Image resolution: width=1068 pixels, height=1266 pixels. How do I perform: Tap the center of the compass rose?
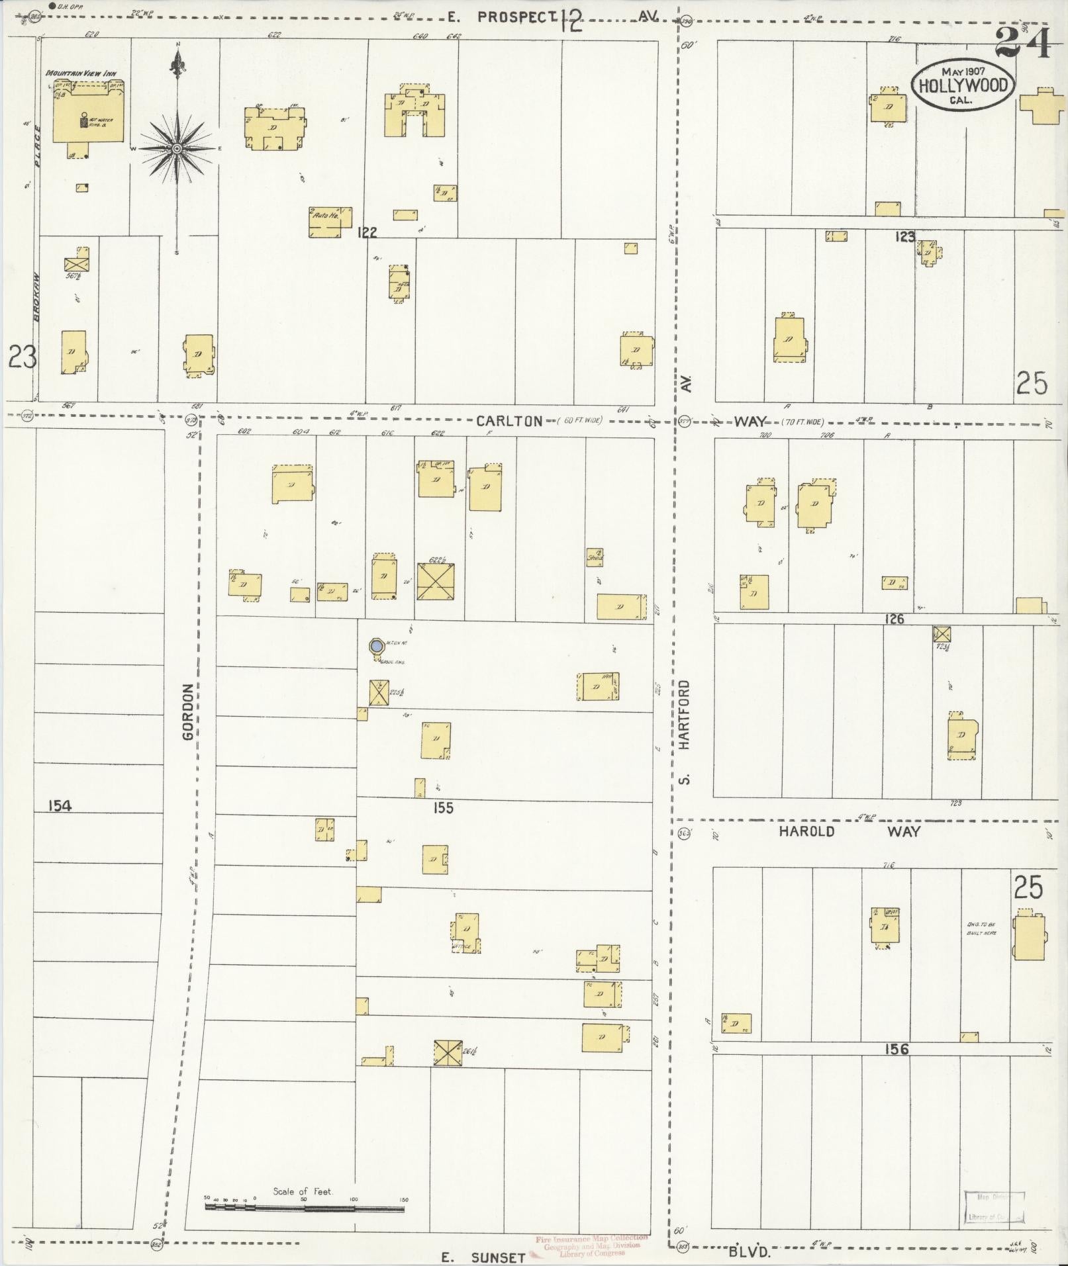177,149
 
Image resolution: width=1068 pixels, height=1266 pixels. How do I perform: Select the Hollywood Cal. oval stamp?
963,85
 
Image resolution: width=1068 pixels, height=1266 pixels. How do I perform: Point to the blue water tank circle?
376,645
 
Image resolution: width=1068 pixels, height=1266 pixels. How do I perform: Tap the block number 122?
366,232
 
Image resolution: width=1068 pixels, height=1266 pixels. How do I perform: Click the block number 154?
60,805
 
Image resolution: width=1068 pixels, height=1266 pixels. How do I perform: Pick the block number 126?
894,619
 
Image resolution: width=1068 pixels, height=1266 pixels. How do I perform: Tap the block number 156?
895,1049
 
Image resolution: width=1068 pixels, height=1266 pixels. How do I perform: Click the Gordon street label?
187,712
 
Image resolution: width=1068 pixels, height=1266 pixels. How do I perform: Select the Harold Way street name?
849,831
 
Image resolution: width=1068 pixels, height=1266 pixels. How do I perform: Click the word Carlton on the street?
509,421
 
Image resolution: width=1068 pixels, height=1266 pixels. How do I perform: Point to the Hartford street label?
684,714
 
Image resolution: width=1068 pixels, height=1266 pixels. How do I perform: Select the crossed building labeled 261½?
448,1053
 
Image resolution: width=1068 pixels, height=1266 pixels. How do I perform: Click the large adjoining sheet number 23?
23,358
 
